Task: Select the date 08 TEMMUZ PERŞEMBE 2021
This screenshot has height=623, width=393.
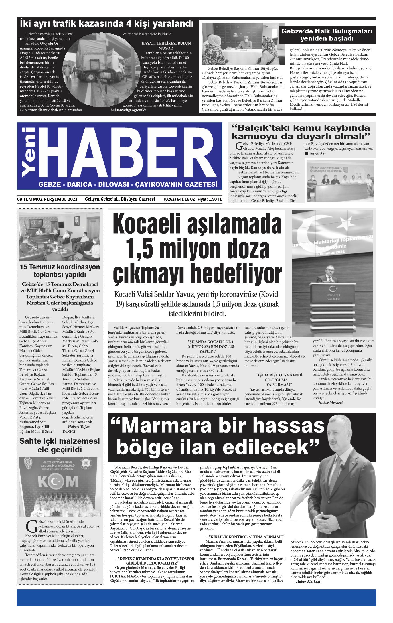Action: pyautogui.click(x=47, y=199)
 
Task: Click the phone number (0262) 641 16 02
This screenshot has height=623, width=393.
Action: pyautogui.click(x=179, y=199)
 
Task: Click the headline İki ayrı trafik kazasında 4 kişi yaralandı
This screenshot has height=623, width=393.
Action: pyautogui.click(x=106, y=23)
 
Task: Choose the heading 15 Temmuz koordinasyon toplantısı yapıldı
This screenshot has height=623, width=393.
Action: pyautogui.click(x=60, y=271)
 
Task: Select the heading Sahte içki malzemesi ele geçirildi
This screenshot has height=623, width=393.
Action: pyautogui.click(x=60, y=445)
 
